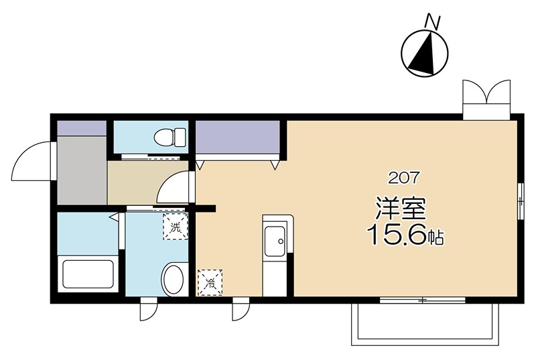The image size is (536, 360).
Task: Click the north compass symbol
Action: [x=425, y=54]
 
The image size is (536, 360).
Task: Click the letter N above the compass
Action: [x=431, y=22]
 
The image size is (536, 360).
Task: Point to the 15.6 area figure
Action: [x=397, y=235]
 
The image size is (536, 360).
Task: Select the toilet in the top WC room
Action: [x=170, y=137]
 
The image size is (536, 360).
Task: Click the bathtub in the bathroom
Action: [x=88, y=274]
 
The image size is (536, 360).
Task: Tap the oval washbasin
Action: [x=174, y=279]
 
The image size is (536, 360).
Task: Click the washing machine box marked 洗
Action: [x=176, y=226]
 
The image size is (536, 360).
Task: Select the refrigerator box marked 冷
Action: [x=210, y=282]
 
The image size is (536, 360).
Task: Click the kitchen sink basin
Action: [x=275, y=241]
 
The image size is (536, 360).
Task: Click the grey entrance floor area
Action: [x=82, y=170]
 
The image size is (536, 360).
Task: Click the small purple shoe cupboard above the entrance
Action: [x=82, y=128]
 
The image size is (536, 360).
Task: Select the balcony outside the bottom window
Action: [x=425, y=324]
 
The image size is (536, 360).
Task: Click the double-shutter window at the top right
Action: [x=486, y=99]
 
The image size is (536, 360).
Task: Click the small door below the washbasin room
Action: [x=149, y=309]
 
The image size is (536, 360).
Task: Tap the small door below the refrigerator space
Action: [x=241, y=309]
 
